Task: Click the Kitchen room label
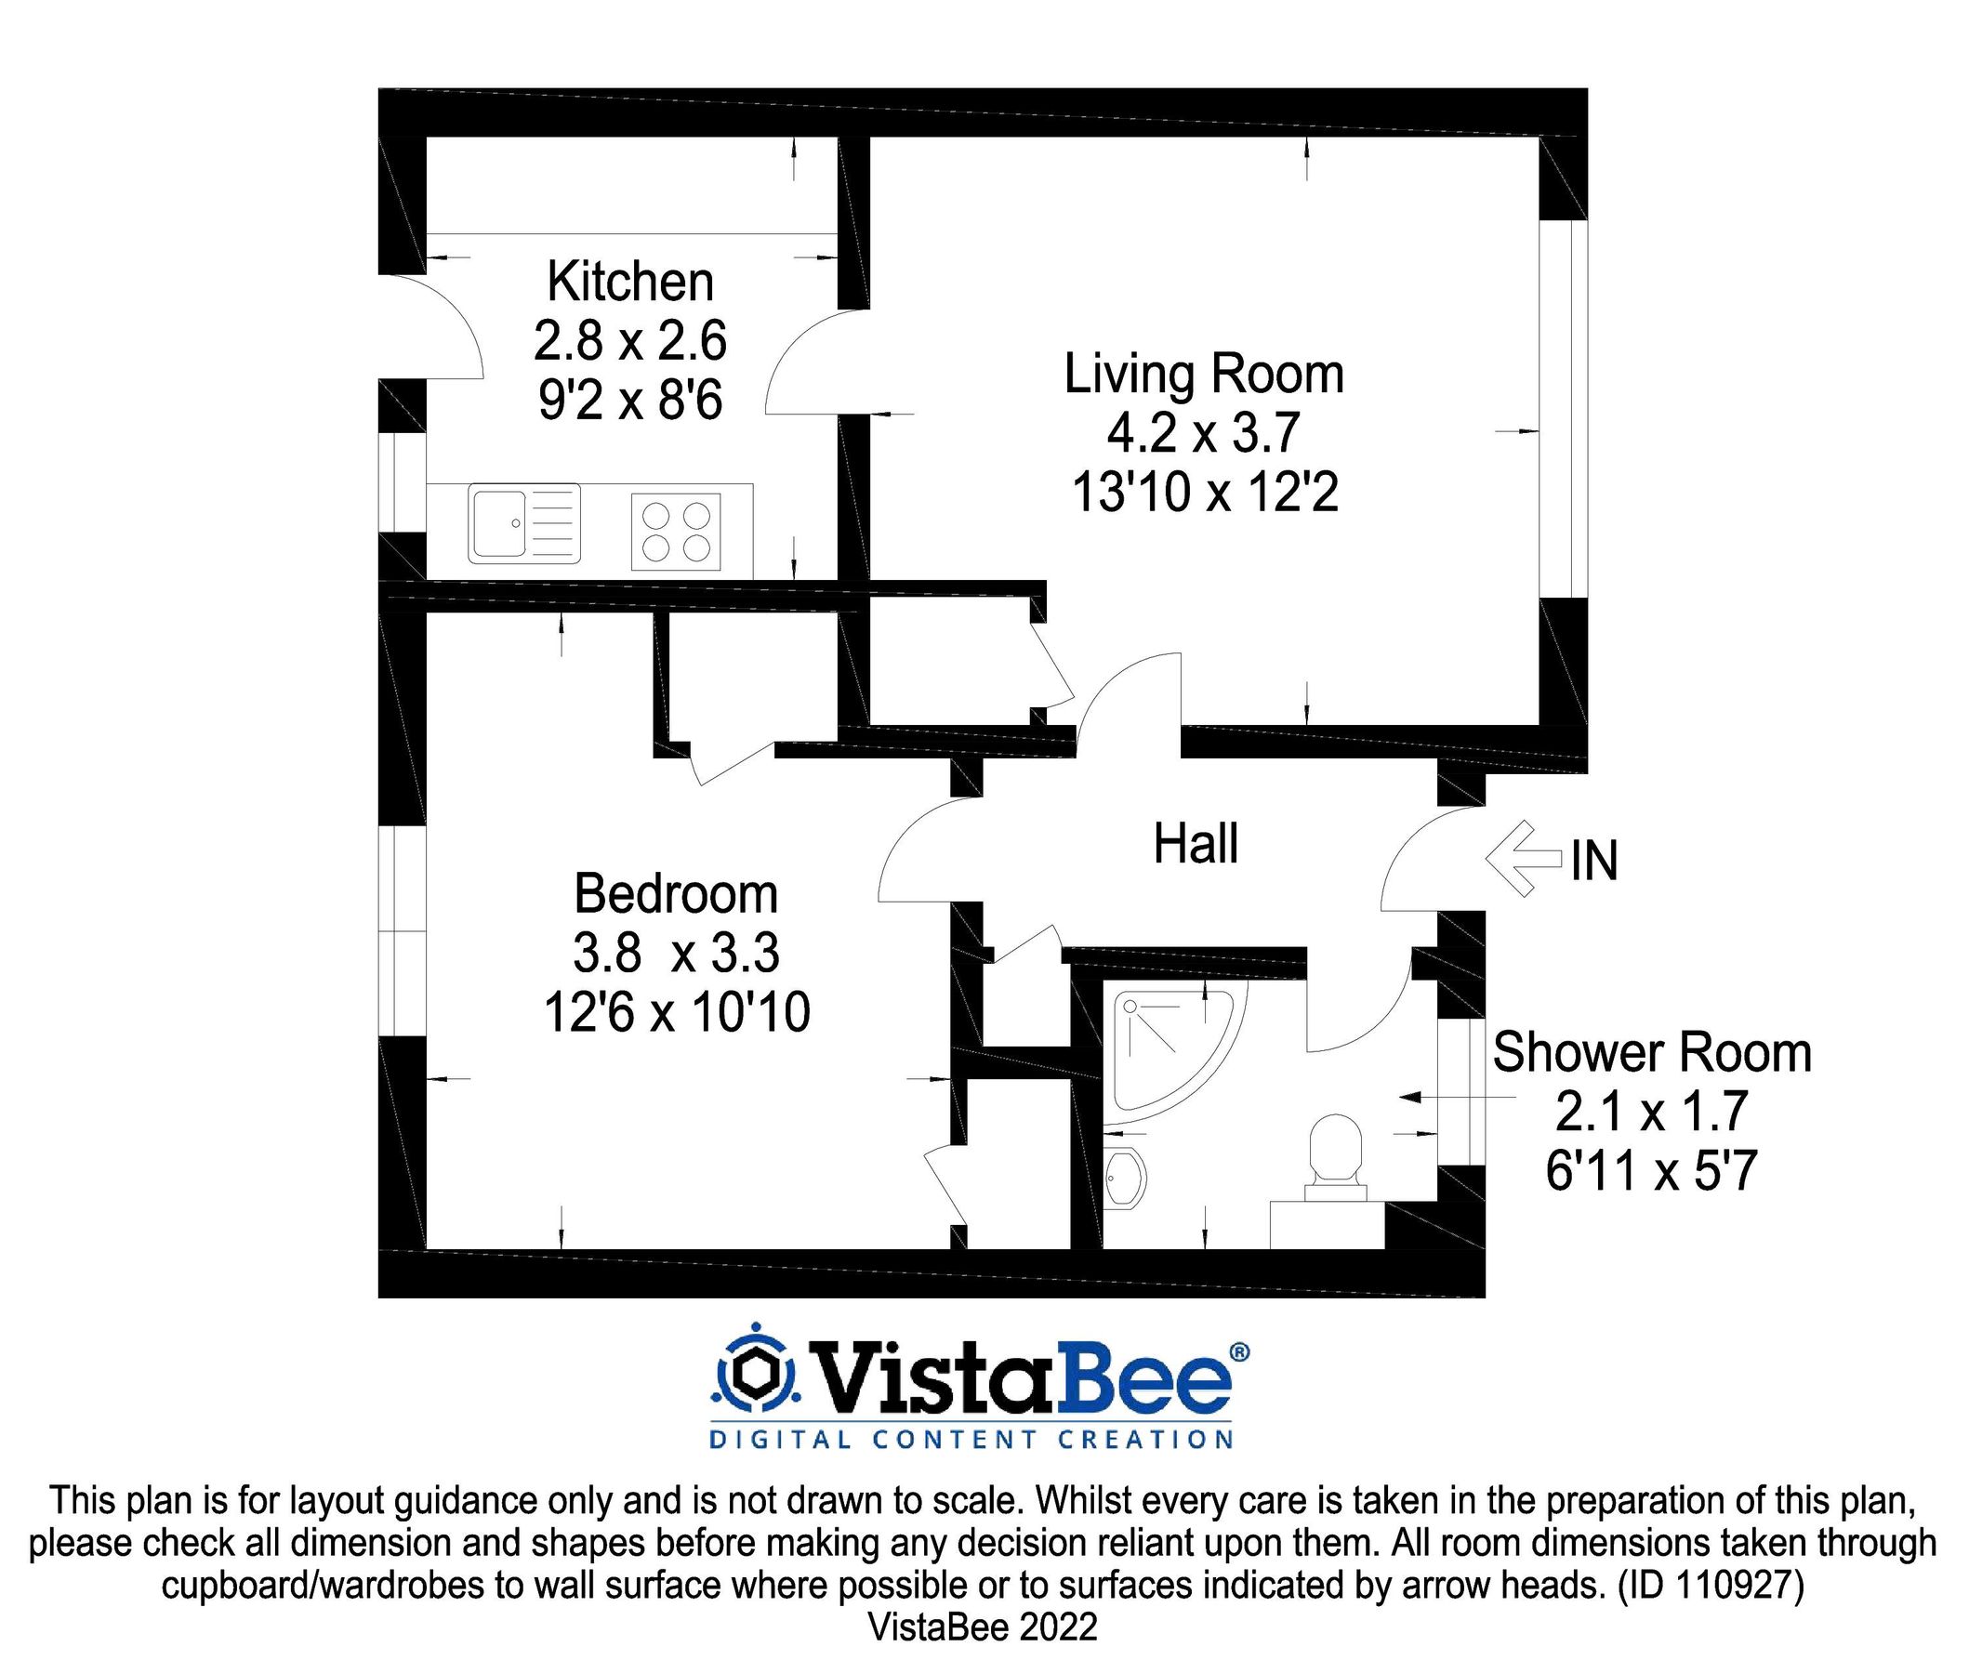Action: (629, 282)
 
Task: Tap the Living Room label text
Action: (1203, 374)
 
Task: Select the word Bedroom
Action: (675, 893)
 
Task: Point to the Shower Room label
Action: (1651, 1053)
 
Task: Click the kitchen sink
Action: (523, 523)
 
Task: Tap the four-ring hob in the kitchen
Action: (676, 531)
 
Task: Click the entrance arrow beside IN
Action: (1520, 858)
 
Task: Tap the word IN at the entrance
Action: (1593, 861)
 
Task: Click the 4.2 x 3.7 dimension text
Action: (1203, 433)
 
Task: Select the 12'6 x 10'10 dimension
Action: (675, 1012)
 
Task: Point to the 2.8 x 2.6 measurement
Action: (629, 340)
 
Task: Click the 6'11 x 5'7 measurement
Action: (1651, 1171)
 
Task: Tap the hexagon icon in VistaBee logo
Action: (756, 1372)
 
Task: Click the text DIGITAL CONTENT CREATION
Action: (971, 1440)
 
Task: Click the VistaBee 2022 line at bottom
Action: (983, 1627)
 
